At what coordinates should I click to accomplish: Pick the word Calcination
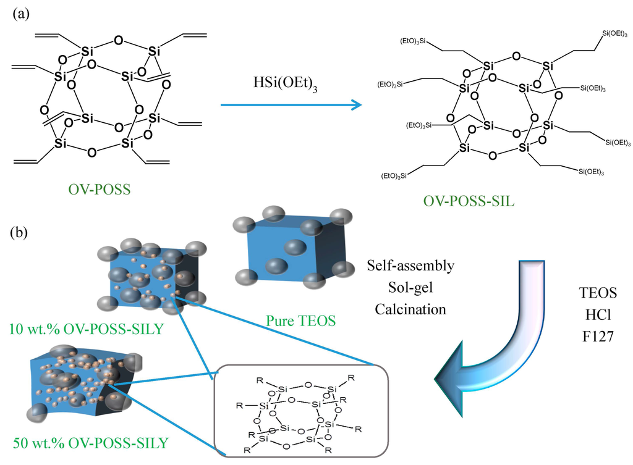point(411,308)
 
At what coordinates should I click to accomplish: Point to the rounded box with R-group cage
point(300,413)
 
